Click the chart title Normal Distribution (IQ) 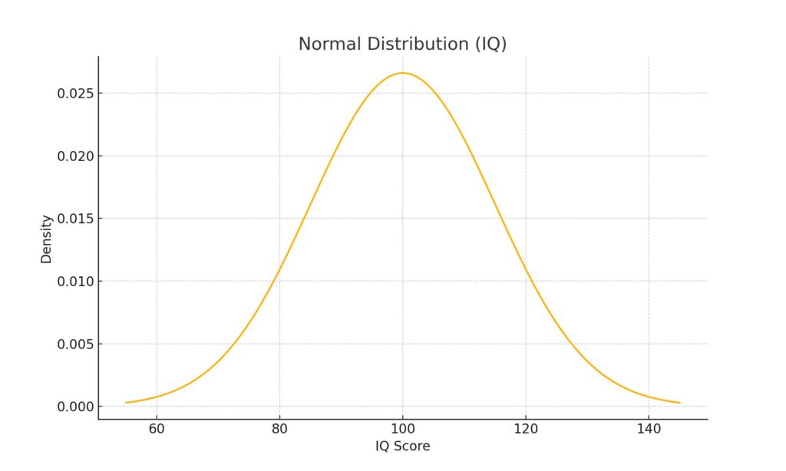point(402,44)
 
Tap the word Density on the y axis point(47,239)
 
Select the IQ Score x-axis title point(402,446)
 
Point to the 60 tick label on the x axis point(157,428)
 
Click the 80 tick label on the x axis point(279,428)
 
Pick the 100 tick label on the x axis point(402,428)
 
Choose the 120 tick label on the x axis point(525,428)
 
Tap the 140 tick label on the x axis point(649,428)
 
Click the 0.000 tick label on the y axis point(74,407)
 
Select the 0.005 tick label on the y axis point(74,344)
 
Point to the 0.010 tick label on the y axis point(74,282)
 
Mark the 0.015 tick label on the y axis point(74,219)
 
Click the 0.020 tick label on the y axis point(74,156)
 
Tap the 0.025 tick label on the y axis point(74,94)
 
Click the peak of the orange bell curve point(402,73)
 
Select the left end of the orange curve point(127,403)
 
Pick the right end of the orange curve point(679,403)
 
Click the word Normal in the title point(329,44)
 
